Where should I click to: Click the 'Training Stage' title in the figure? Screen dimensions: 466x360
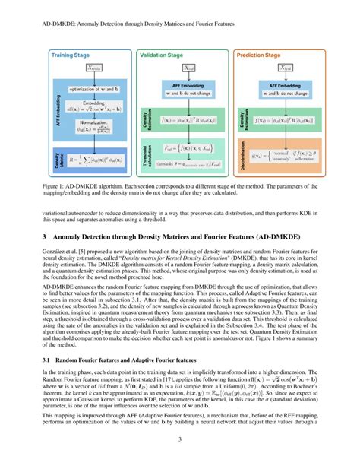tap(72, 55)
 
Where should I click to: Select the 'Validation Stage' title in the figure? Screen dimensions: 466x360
tap(165, 55)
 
